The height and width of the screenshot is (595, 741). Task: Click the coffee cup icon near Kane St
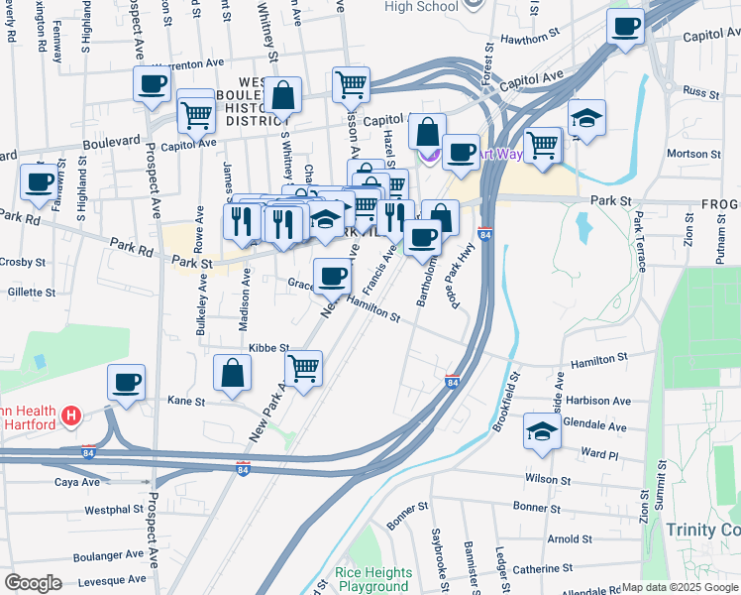(126, 383)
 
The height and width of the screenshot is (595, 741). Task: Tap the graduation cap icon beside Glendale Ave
(542, 431)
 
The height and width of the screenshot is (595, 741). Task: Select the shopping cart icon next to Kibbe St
(304, 368)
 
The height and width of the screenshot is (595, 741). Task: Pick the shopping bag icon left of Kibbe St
(232, 373)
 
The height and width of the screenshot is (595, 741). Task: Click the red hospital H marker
(70, 416)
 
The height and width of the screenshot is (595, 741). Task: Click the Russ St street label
(699, 91)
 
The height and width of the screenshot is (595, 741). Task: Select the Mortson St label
(694, 154)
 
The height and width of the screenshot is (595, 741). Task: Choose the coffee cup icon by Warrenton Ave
(153, 84)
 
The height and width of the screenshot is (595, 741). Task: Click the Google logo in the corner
(33, 583)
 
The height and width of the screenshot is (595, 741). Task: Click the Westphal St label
(114, 510)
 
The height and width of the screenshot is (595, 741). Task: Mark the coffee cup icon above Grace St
(332, 276)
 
